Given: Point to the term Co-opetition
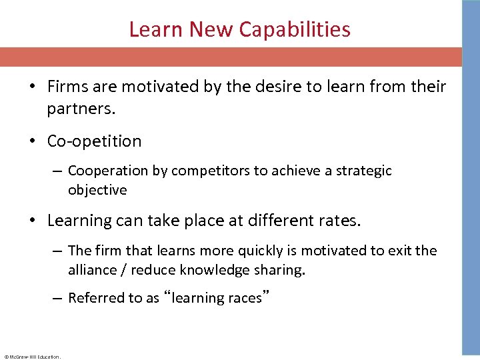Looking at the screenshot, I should [x=94, y=141].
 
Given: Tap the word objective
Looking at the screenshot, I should [x=97, y=190].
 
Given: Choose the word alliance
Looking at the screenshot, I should [x=94, y=270].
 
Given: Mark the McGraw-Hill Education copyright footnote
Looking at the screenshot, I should [x=31, y=357].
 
